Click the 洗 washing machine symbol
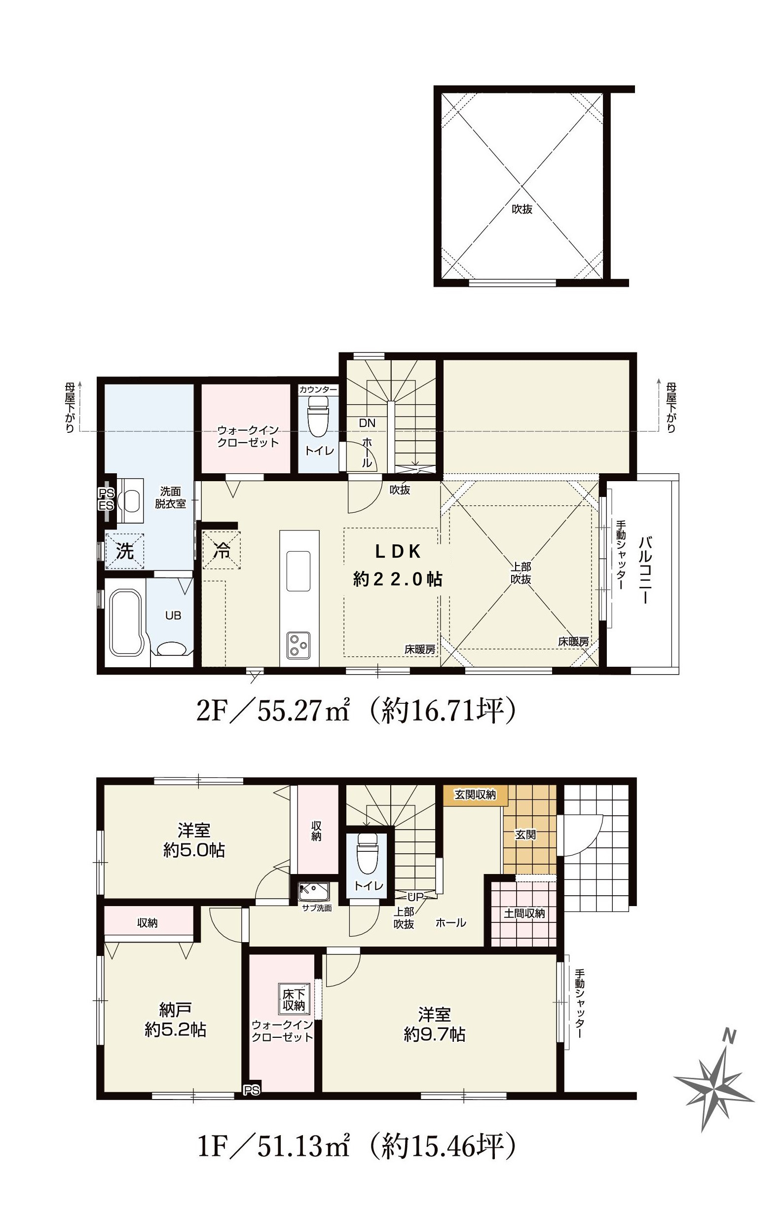coord(124,551)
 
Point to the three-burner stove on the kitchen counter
coord(297,646)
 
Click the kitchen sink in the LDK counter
coord(298,571)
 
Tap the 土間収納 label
coord(524,913)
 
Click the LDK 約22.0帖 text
coord(398,565)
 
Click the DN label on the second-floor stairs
coord(367,422)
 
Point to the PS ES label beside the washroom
coord(106,499)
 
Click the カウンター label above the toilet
coord(318,389)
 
